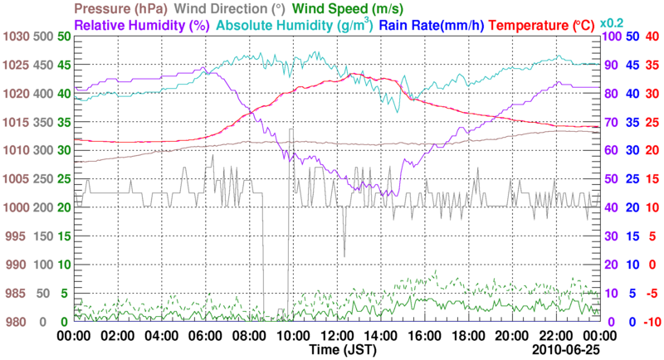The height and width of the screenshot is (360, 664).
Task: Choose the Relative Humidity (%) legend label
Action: pos(140,25)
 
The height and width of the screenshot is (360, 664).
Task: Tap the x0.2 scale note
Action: pos(613,22)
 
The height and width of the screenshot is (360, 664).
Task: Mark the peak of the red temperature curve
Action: pos(354,74)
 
